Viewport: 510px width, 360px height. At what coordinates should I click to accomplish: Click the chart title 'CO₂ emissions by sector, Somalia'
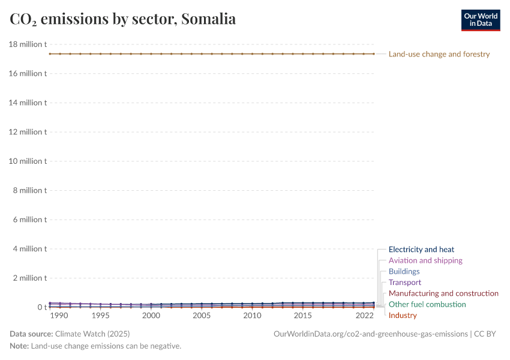pyautogui.click(x=123, y=19)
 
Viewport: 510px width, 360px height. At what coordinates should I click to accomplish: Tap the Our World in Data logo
pyautogui.click(x=480, y=20)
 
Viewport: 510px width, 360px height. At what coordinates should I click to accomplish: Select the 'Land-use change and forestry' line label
pyautogui.click(x=439, y=54)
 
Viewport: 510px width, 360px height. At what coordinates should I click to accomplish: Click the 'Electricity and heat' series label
pyautogui.click(x=421, y=249)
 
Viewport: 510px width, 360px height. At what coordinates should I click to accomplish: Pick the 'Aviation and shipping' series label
pyautogui.click(x=425, y=260)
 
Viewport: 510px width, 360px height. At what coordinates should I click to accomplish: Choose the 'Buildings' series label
pyautogui.click(x=404, y=271)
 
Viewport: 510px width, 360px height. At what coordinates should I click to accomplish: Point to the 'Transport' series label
pyautogui.click(x=405, y=282)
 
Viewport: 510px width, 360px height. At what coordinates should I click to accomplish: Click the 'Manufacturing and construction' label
pyautogui.click(x=443, y=293)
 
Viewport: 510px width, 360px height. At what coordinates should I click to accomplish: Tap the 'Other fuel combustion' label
pyautogui.click(x=427, y=304)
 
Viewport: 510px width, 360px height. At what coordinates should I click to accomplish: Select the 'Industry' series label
pyautogui.click(x=403, y=315)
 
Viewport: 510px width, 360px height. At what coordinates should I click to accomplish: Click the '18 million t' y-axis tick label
pyautogui.click(x=28, y=44)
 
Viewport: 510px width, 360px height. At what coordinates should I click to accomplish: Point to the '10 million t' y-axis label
pyautogui.click(x=28, y=161)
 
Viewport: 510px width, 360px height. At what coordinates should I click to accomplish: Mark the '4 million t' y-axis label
pyautogui.click(x=29, y=248)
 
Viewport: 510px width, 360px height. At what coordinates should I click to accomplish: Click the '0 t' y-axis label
pyautogui.click(x=41, y=307)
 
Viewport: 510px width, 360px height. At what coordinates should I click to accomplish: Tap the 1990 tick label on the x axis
pyautogui.click(x=59, y=316)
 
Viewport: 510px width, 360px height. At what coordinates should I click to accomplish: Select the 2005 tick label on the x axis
pyautogui.click(x=202, y=316)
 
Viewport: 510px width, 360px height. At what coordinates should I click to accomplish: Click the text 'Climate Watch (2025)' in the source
pyautogui.click(x=92, y=334)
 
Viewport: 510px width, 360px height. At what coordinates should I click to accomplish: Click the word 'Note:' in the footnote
pyautogui.click(x=19, y=346)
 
